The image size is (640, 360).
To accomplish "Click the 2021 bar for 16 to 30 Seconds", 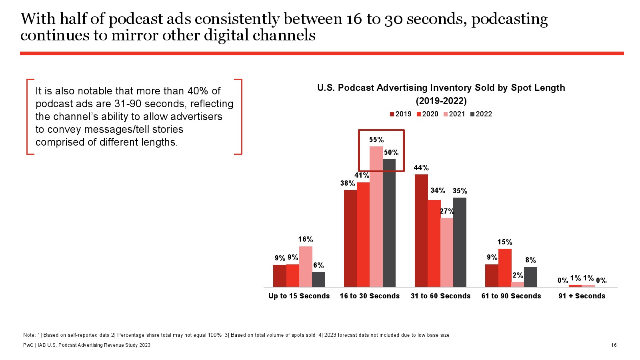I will [x=376, y=216].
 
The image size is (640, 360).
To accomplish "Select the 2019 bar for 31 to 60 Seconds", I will [x=421, y=230].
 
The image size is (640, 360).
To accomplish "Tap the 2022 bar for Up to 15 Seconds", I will [x=318, y=279].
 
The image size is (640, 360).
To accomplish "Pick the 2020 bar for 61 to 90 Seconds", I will [x=505, y=268].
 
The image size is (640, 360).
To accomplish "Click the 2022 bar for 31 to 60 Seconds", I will [x=460, y=242].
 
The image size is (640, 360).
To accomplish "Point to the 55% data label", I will [x=376, y=140].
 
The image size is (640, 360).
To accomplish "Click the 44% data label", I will [x=421, y=168].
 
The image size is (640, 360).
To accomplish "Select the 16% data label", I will [x=306, y=239].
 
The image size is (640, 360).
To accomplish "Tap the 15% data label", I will [x=505, y=242].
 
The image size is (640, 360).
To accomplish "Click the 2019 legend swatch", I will [x=392, y=114].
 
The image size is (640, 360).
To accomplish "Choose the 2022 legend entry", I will [x=481, y=114].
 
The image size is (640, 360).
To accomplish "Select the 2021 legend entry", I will [x=454, y=114].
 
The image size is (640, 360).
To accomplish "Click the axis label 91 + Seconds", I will [x=582, y=296].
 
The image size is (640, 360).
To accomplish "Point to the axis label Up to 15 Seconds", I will [x=299, y=296].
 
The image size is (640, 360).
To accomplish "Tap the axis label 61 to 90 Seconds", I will [x=511, y=296].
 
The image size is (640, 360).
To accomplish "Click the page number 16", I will [x=614, y=345].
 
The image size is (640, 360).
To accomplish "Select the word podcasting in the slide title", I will [x=510, y=19].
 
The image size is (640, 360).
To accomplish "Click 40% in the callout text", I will [x=198, y=91].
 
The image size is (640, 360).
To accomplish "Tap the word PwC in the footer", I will [x=28, y=345].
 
